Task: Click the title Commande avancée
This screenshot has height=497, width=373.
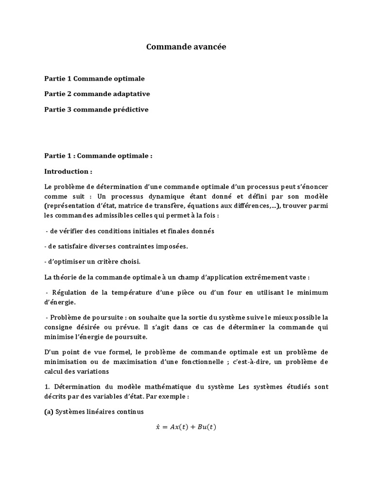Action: point(186,47)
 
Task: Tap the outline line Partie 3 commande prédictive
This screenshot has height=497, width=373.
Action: point(96,109)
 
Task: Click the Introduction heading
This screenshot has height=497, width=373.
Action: point(68,171)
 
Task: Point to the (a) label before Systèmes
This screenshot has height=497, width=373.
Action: point(49,412)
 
